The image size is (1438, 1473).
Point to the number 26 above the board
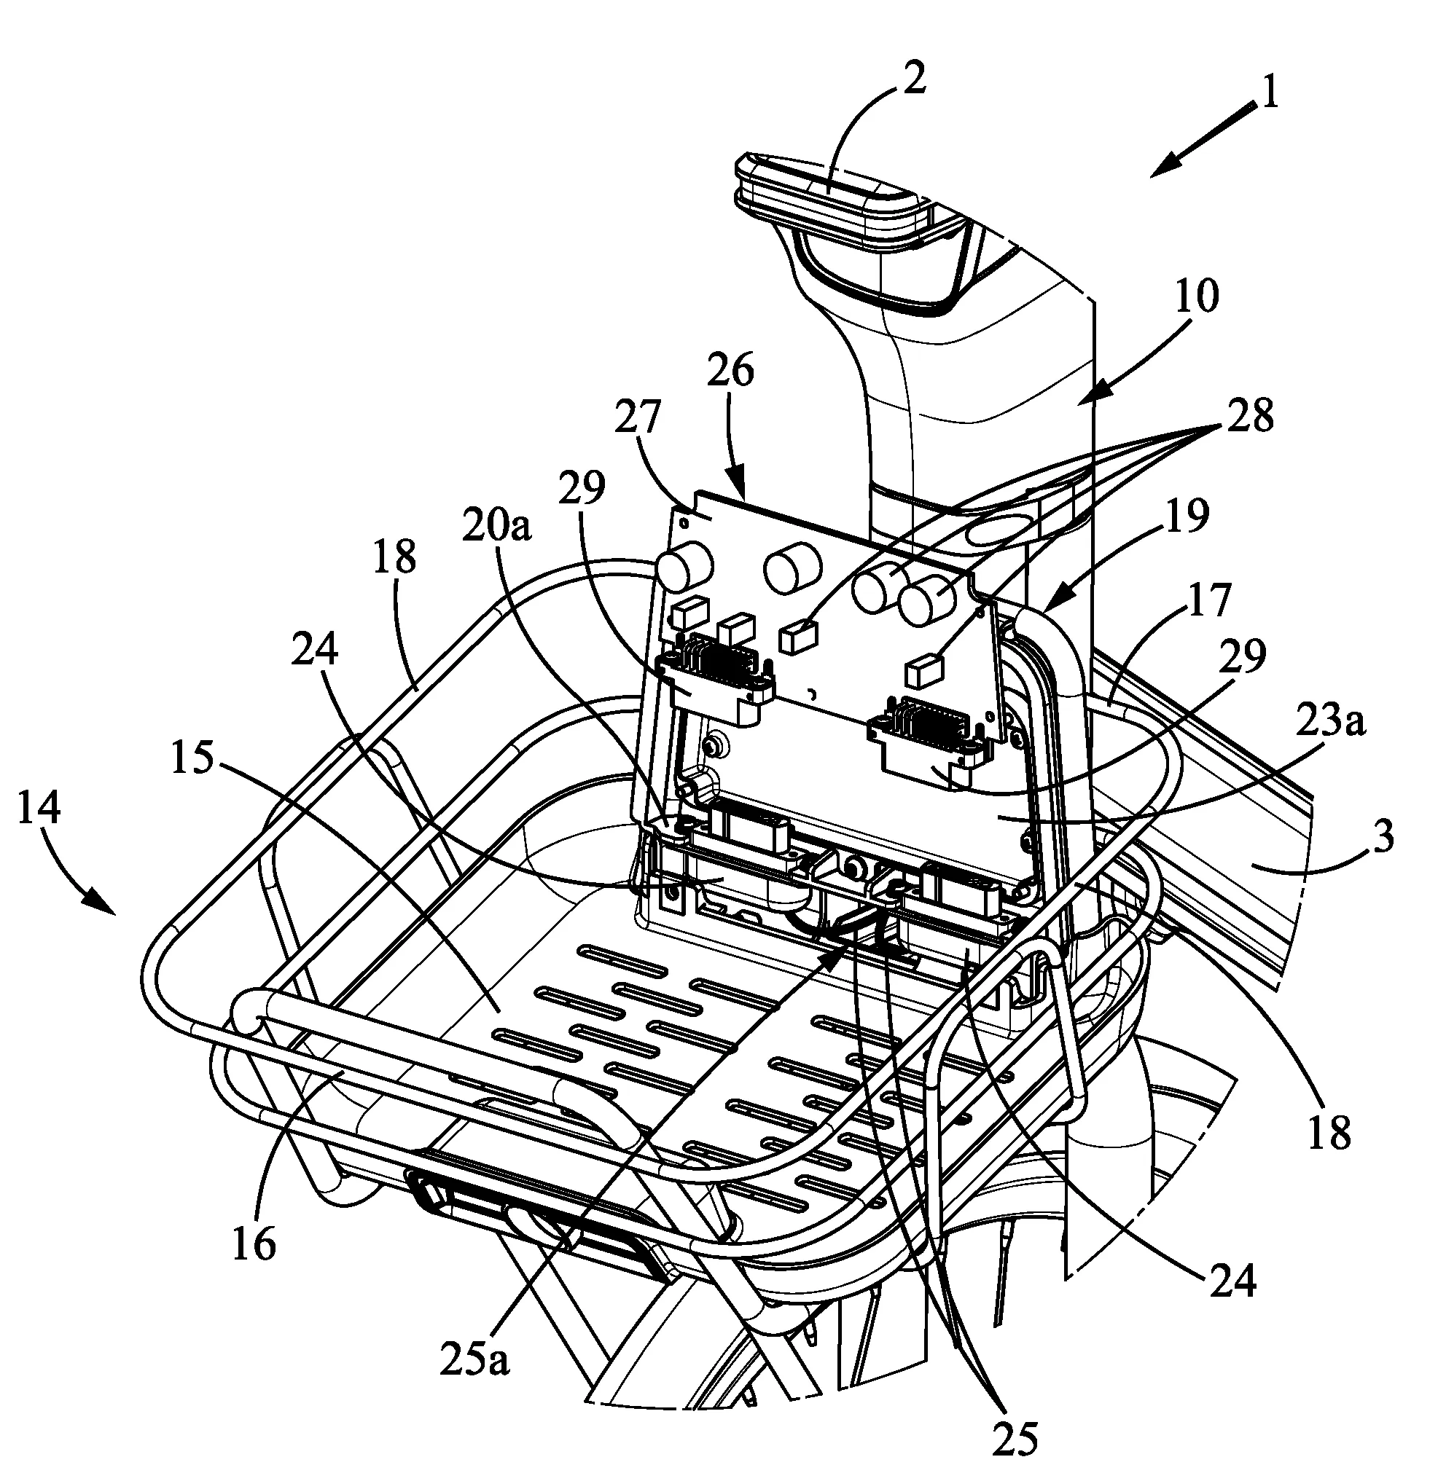point(730,372)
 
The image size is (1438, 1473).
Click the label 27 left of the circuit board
point(638,417)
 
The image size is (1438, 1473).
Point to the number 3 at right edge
point(1383,838)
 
